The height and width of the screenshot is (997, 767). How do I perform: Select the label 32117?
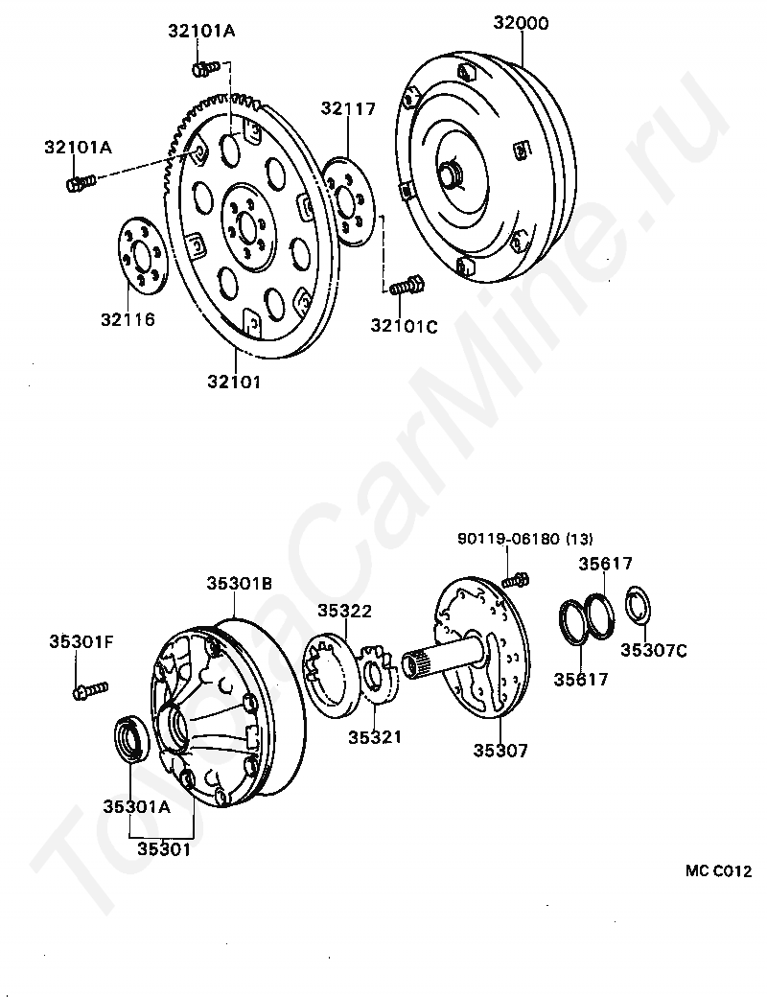(348, 109)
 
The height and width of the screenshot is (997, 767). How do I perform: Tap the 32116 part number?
(128, 319)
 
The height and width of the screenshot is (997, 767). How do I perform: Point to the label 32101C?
(404, 326)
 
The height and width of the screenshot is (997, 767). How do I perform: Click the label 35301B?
(240, 583)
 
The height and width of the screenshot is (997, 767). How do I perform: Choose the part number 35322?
(345, 611)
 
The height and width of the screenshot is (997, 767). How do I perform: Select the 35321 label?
(374, 737)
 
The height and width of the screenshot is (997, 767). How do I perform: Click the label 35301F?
(81, 641)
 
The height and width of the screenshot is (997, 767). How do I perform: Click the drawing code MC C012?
(718, 871)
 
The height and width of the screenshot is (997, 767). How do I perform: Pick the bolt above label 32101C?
(407, 285)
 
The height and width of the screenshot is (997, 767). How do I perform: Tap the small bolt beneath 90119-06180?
(516, 578)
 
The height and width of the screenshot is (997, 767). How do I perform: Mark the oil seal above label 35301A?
(131, 737)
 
